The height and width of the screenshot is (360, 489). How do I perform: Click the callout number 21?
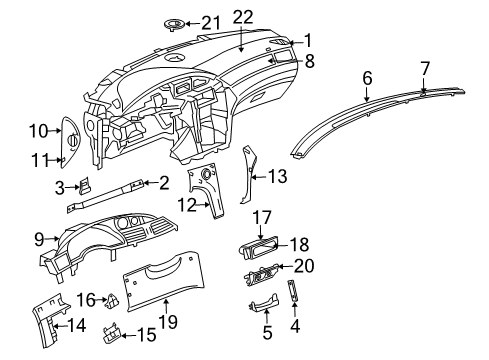[x=211, y=21]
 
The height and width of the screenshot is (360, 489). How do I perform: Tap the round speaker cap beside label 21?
[x=172, y=23]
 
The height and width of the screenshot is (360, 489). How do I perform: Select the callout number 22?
[x=244, y=15]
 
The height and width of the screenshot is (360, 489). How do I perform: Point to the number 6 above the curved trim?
[x=367, y=77]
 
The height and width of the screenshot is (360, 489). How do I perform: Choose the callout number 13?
[x=277, y=175]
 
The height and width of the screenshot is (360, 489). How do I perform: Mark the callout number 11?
[x=40, y=130]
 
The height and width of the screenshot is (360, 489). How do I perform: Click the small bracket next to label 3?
[x=41, y=159]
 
